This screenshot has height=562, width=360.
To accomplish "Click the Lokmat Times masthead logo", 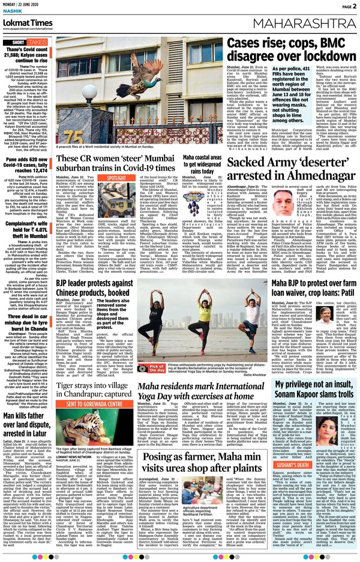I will point(30,22).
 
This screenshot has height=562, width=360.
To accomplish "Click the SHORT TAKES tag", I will point(26,43).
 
